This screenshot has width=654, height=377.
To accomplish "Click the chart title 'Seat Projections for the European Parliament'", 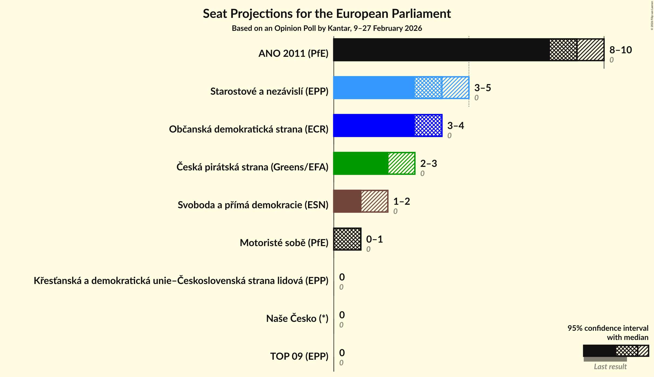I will tap(327, 14).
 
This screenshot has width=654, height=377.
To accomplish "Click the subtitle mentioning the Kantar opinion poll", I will tap(327, 28).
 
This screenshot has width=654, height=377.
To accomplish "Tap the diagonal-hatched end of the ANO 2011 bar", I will tap(590, 50).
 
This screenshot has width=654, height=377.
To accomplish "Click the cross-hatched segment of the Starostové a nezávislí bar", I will tap(428, 88).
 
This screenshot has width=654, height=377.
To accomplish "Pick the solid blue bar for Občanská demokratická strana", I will tap(374, 125).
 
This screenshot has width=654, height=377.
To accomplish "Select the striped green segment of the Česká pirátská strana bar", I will tap(401, 163).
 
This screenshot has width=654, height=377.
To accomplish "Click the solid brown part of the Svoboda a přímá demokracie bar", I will tap(347, 201).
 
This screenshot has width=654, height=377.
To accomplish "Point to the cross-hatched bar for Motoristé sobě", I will tap(347, 239).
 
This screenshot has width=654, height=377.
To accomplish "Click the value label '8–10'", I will tap(620, 50).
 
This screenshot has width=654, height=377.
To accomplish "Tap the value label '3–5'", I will tap(483, 88).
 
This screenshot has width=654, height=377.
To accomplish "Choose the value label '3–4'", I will tap(456, 126).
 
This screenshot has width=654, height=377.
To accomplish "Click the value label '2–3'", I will tap(429, 164).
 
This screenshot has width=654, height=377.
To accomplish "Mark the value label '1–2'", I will tap(402, 201).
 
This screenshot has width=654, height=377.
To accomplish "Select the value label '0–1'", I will tap(375, 239).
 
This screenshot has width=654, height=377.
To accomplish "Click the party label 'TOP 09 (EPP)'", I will tap(299, 356).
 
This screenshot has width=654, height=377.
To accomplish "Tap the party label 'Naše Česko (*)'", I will tap(297, 319).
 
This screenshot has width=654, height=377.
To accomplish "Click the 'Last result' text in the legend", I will tap(610, 367).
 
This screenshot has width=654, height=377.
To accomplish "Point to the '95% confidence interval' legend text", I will tap(608, 328).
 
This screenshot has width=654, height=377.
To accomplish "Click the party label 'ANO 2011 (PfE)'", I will tap(293, 54).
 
